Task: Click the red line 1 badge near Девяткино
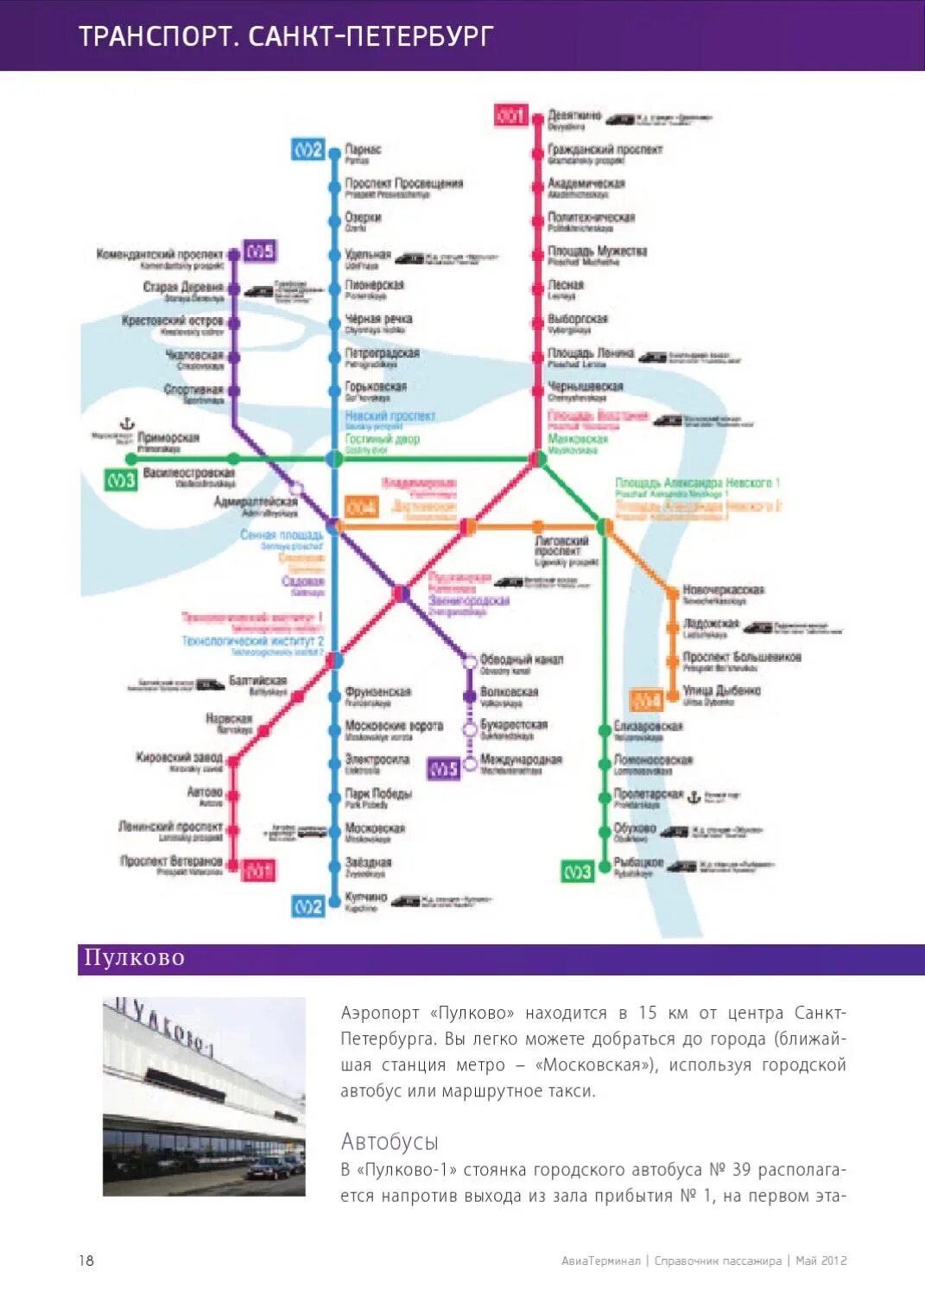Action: (510, 115)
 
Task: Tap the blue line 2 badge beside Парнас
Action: (307, 149)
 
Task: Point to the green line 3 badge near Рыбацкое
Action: (578, 872)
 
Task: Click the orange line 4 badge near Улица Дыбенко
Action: (647, 700)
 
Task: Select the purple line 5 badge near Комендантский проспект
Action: (259, 251)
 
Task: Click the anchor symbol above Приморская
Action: (127, 423)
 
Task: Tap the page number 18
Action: (86, 1261)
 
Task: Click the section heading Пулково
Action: (135, 958)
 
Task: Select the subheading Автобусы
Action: (390, 1141)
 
